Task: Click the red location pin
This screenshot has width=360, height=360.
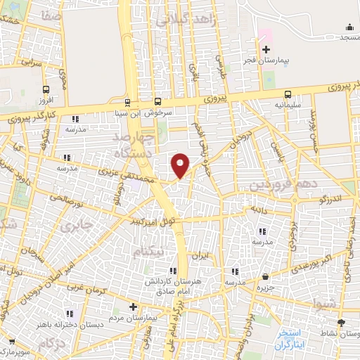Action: [x=181, y=165]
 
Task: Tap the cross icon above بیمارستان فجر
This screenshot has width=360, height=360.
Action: [x=265, y=49]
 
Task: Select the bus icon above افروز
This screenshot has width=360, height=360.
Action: [x=46, y=89]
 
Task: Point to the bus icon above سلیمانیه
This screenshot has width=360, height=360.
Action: [x=288, y=94]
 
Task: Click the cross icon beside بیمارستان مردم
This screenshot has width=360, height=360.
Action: [x=133, y=307]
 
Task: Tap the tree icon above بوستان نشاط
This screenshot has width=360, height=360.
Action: [x=341, y=322]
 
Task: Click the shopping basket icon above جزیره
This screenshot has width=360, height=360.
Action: [x=265, y=277]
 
